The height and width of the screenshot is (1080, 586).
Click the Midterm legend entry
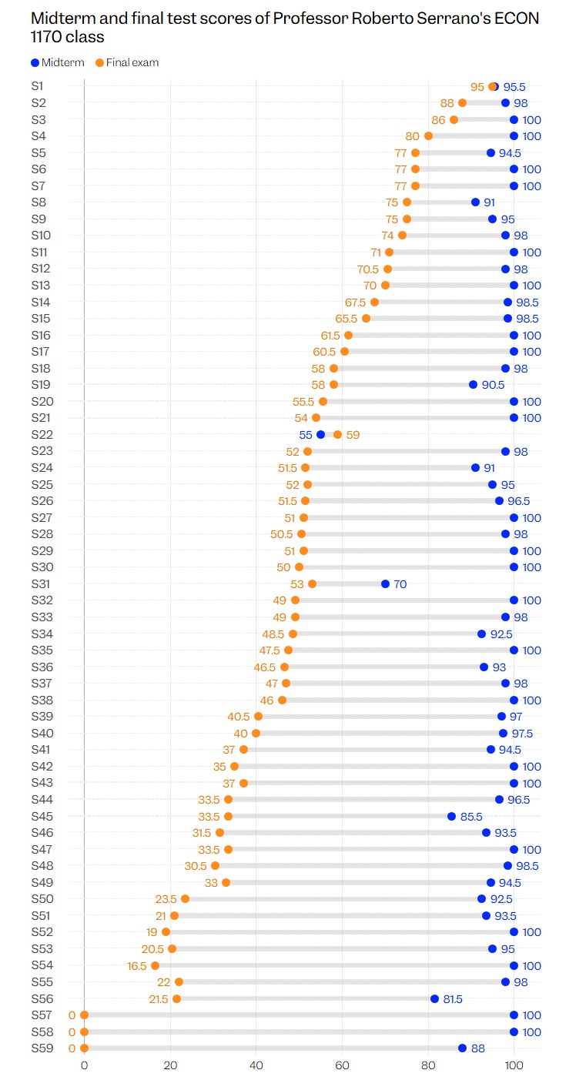click(x=58, y=62)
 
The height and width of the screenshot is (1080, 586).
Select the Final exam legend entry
click(x=127, y=62)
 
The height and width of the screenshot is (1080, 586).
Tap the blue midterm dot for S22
click(x=321, y=435)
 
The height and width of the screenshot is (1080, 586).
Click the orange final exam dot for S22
click(x=337, y=435)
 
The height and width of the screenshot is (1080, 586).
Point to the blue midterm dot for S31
click(x=385, y=583)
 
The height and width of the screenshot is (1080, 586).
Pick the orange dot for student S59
click(x=85, y=1048)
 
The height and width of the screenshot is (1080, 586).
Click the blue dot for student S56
click(x=434, y=998)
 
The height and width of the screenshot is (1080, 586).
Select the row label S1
click(x=37, y=86)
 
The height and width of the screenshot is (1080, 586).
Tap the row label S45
click(x=42, y=816)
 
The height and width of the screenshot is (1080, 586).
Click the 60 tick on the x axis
click(x=343, y=1065)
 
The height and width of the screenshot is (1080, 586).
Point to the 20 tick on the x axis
click(x=170, y=1065)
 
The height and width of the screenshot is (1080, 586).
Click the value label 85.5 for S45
click(x=471, y=817)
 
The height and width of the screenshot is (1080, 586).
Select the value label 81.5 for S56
click(x=453, y=999)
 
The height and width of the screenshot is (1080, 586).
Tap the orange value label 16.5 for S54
click(x=137, y=966)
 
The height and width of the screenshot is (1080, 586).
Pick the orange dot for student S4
click(x=428, y=136)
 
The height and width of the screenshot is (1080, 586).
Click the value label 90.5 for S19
click(x=493, y=385)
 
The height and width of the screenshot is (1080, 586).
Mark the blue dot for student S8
click(x=476, y=202)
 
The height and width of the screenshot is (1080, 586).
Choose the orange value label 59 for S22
click(x=353, y=435)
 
